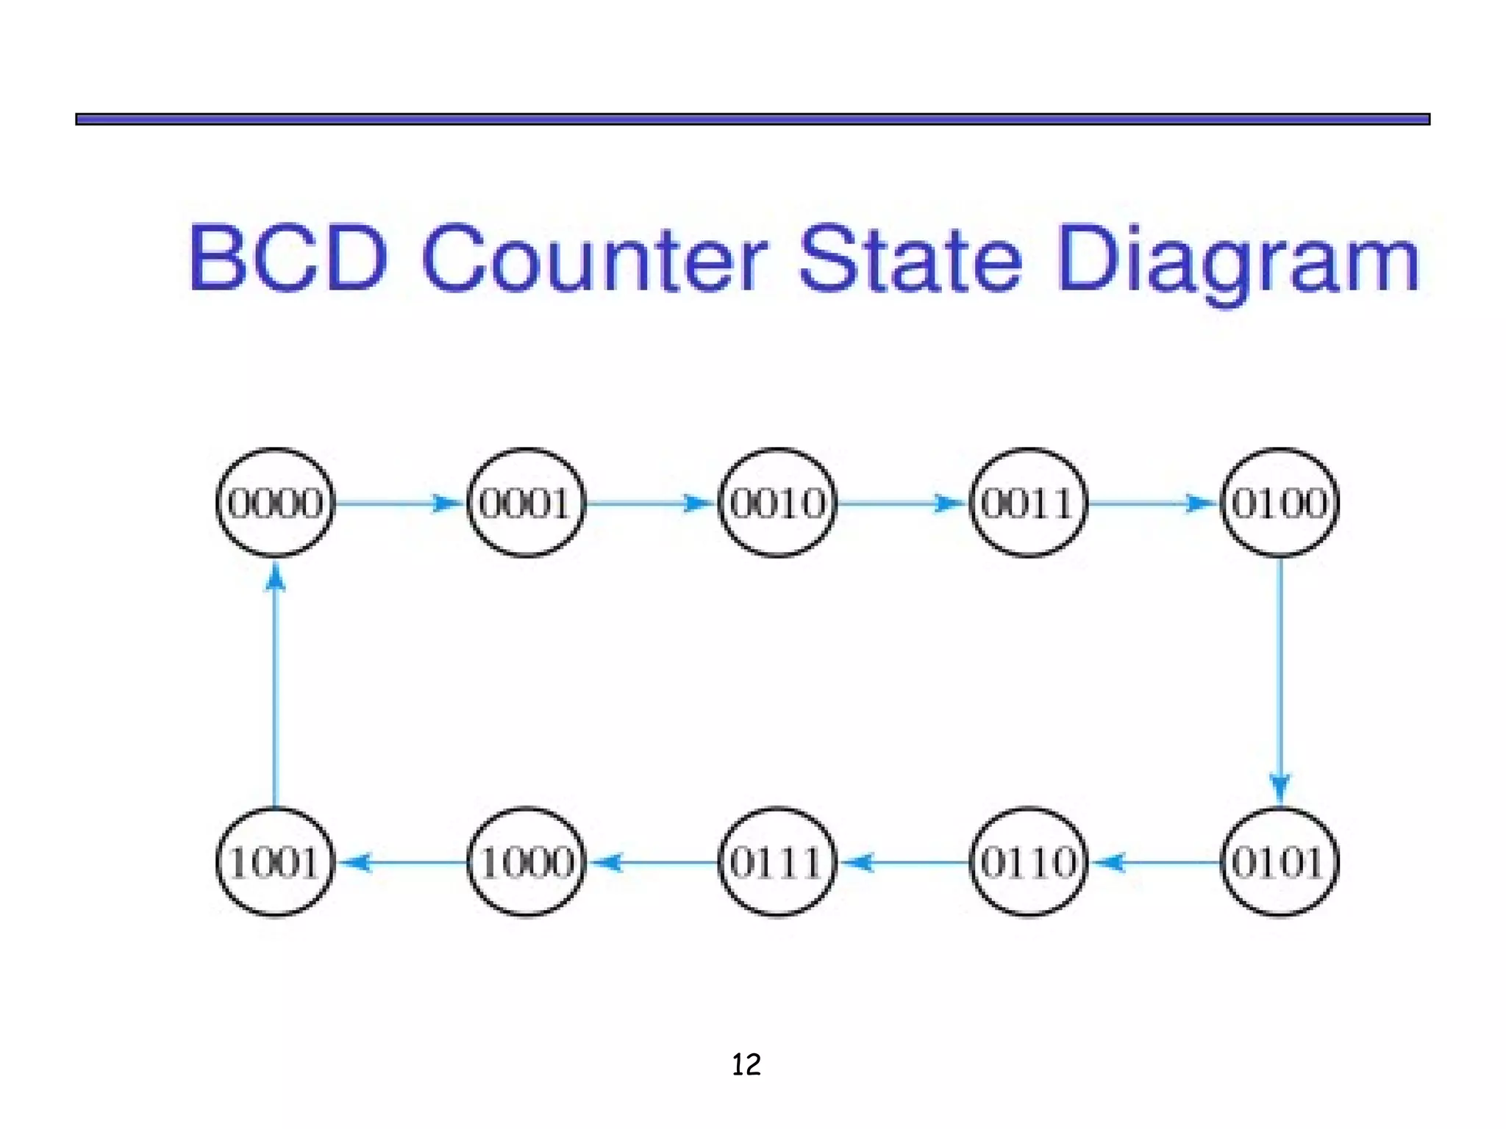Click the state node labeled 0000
pos(275,503)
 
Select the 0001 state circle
pos(526,503)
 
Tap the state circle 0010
pos(777,503)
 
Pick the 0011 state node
pos(1028,503)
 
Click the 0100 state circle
pos(1280,503)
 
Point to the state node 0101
pos(1280,861)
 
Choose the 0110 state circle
pos(1028,861)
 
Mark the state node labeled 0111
pos(777,861)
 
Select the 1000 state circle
pos(526,861)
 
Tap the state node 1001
pos(275,861)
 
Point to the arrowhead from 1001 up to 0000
pos(275,578)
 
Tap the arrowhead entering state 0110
pos(1110,861)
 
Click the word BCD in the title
pos(288,259)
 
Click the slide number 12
pos(746,1064)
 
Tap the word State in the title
pos(910,259)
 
